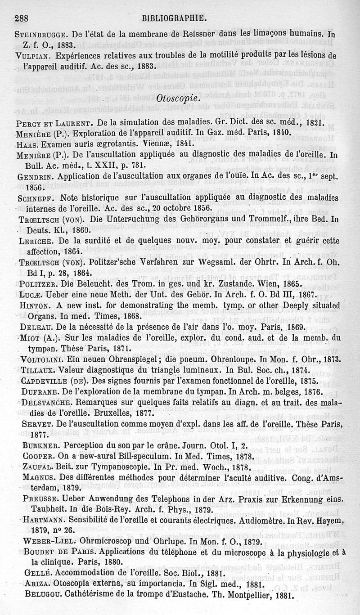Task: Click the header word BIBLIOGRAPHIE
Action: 174,18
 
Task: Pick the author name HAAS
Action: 26,145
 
